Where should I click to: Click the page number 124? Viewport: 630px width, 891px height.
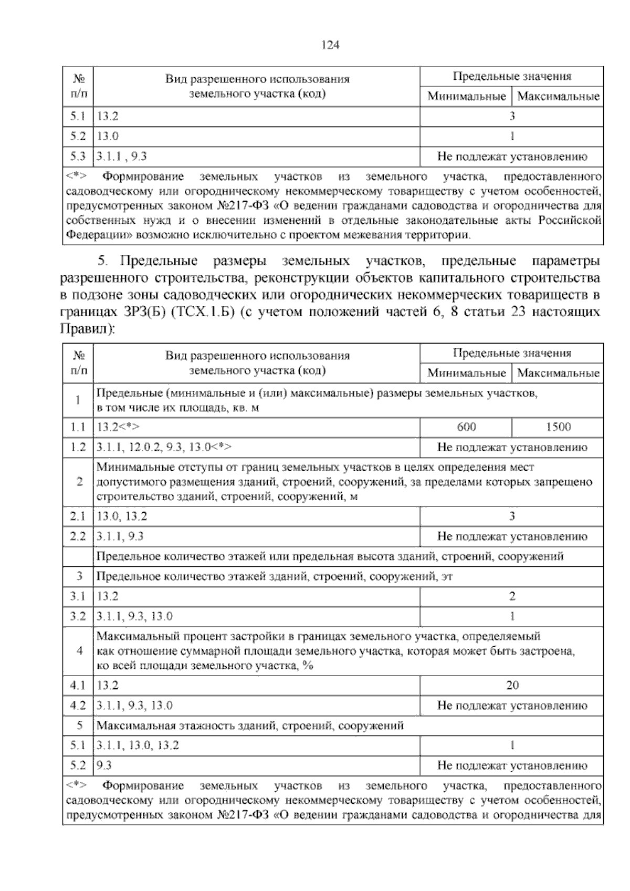click(x=330, y=45)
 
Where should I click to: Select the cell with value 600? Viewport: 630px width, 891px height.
click(x=466, y=427)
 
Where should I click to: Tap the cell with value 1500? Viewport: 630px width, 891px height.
click(x=558, y=427)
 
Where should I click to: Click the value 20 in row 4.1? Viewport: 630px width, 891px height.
click(x=512, y=685)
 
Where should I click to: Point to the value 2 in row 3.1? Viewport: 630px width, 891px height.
click(x=512, y=596)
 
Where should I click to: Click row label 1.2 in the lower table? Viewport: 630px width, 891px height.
click(x=78, y=448)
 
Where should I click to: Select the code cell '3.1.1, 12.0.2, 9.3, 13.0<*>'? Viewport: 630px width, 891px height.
click(x=164, y=448)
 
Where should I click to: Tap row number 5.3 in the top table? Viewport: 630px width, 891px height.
click(x=78, y=156)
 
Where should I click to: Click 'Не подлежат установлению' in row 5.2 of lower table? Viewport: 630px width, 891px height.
click(x=512, y=765)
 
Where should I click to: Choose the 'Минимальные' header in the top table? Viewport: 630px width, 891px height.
click(x=466, y=97)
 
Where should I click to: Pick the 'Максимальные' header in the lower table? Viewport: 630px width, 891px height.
click(x=558, y=374)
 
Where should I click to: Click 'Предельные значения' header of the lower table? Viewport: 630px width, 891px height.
click(x=512, y=354)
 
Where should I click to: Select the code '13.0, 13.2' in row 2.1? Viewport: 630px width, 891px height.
click(x=122, y=516)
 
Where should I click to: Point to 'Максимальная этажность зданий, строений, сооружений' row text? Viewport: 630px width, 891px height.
click(x=250, y=726)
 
